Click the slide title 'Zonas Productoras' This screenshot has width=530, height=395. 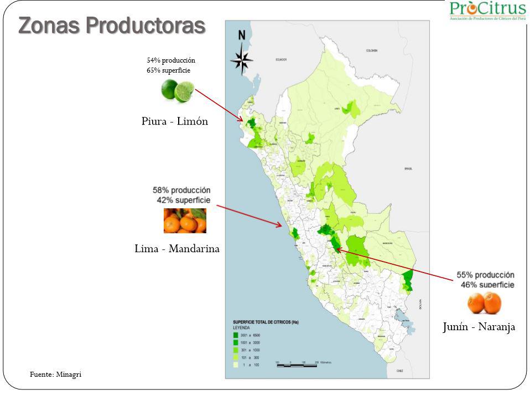coord(112,25)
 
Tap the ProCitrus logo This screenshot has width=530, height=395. coord(487,11)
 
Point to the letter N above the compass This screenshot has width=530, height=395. coord(242,36)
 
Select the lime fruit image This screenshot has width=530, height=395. coord(178,90)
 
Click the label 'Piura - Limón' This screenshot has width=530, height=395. coord(175,122)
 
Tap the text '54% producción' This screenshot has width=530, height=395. coord(171,60)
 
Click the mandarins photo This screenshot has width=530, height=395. coord(185,220)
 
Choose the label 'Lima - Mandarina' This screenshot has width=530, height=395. coord(177,249)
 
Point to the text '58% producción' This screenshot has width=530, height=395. coord(181,190)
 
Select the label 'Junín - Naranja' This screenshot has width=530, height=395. coord(479,327)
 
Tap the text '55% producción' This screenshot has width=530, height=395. coord(485,275)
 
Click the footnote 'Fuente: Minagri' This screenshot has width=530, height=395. coord(55,375)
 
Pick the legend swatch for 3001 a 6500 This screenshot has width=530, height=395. coord(236,335)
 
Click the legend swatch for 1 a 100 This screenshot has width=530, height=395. coord(236,365)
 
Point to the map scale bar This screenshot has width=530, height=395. coord(297,363)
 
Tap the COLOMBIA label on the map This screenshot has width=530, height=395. coord(371,50)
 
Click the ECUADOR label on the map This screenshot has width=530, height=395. coord(282,59)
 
